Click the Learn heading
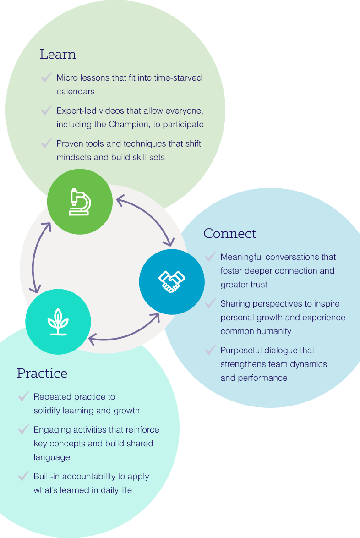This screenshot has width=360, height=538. click(x=58, y=54)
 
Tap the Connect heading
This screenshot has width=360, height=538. click(x=230, y=233)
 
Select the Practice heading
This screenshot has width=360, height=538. click(x=42, y=373)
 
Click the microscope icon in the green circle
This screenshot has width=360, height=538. click(x=80, y=202)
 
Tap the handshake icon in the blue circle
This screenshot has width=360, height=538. click(x=172, y=282)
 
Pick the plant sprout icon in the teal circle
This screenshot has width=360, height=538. click(x=58, y=322)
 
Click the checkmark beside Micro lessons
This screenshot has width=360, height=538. click(x=46, y=77)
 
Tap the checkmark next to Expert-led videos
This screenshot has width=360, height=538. click(x=46, y=110)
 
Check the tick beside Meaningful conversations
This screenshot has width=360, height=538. click(x=210, y=257)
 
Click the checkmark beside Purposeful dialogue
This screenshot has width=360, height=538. click(x=210, y=350)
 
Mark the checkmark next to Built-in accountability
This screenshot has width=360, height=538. click(x=23, y=476)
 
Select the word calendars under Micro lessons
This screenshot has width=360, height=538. click(x=76, y=92)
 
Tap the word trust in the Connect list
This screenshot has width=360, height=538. click(x=257, y=285)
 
